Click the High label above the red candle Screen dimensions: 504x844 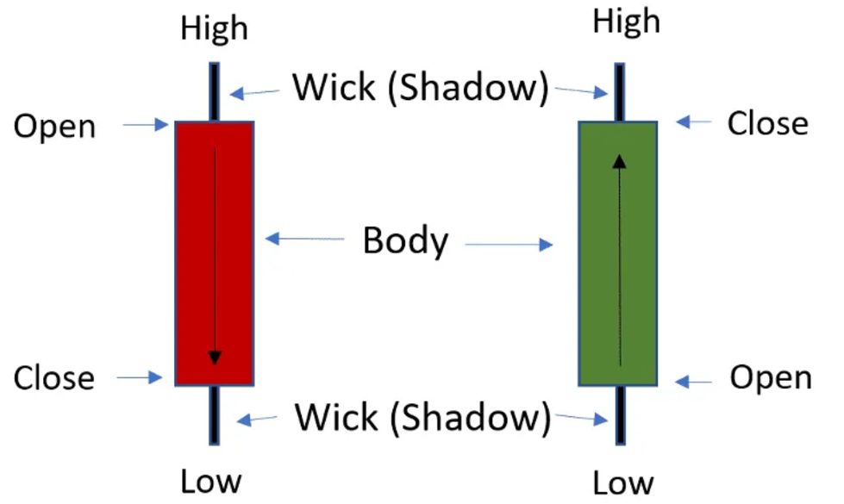tap(214, 28)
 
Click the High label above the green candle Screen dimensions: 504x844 tap(626, 22)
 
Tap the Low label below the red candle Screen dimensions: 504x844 tap(211, 480)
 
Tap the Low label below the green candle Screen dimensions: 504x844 tap(622, 482)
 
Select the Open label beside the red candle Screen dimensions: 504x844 tap(54, 127)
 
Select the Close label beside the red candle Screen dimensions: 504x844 tap(53, 377)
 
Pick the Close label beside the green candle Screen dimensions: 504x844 tap(767, 123)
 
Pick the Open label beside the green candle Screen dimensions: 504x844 tap(770, 377)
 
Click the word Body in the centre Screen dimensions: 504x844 tap(405, 240)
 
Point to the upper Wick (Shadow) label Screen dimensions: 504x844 tap(420, 87)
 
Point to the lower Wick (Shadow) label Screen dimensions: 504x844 tap(422, 418)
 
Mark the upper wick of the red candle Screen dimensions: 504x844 tap(214, 91)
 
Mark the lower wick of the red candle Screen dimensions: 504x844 tap(213, 414)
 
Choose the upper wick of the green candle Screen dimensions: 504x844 tap(619, 91)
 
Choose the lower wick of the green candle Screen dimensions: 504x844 tap(620, 414)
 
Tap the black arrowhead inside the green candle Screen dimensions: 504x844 tap(619, 160)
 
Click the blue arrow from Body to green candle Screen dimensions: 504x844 tap(509, 246)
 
